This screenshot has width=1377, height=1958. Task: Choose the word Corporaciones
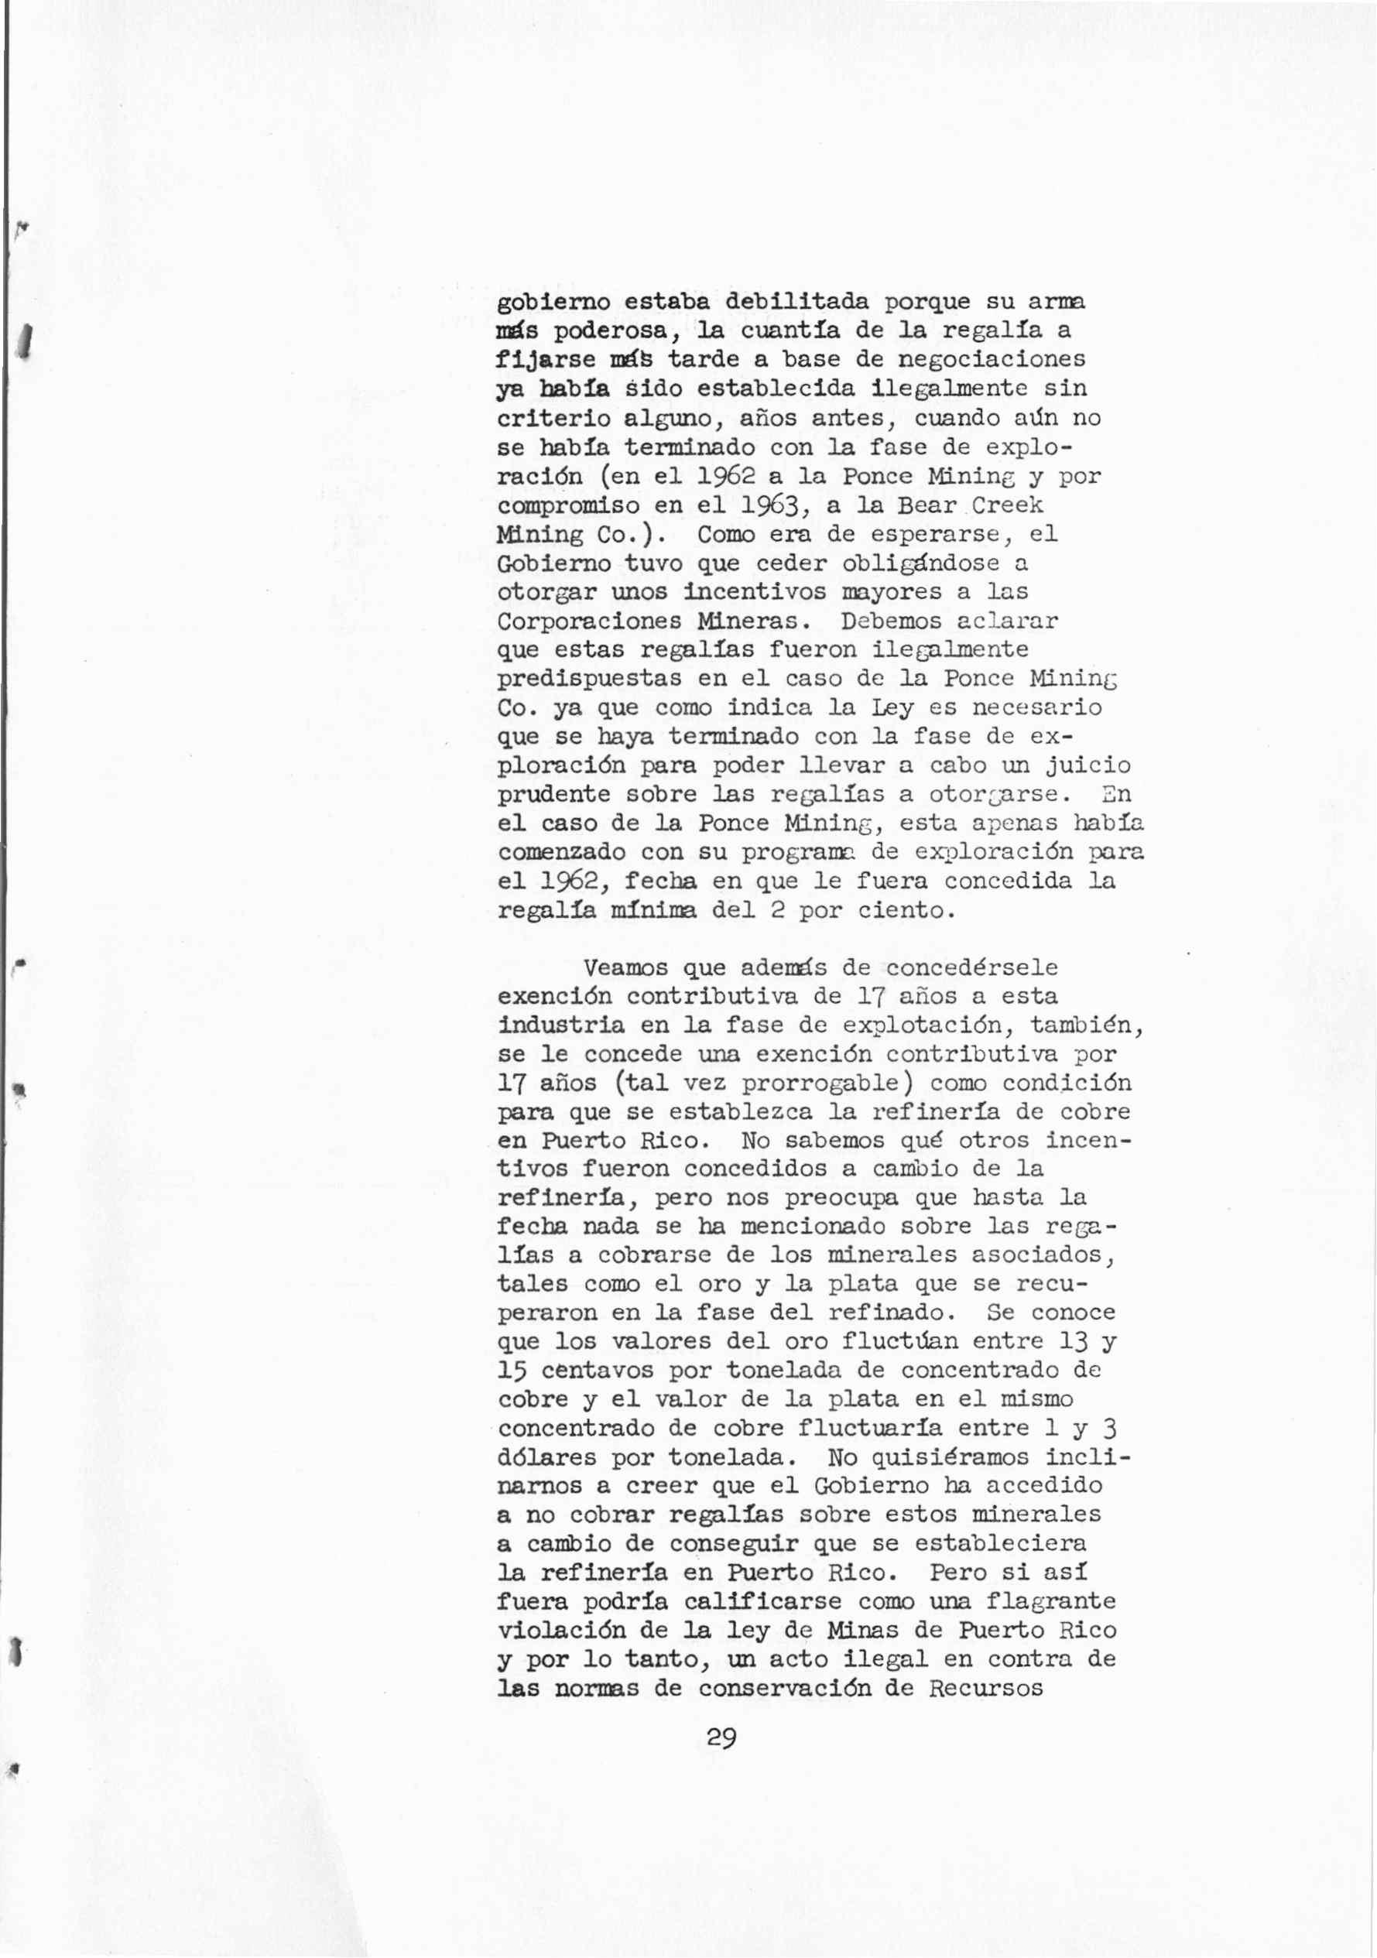589,621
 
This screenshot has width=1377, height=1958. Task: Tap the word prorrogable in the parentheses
820,1083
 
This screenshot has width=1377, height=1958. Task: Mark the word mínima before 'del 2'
653,911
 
